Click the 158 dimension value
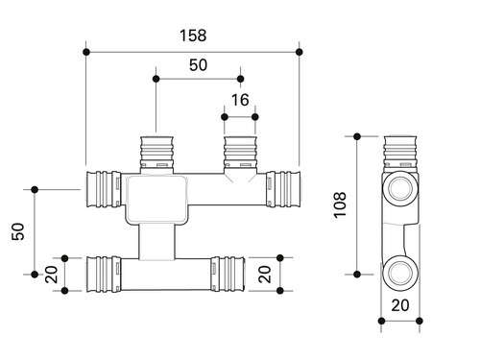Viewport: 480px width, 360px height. coord(193,36)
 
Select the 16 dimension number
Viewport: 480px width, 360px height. coord(240,100)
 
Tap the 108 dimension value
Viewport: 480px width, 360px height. coord(340,205)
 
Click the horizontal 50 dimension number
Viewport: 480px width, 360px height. coord(198,65)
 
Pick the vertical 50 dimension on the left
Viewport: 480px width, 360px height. coord(18,231)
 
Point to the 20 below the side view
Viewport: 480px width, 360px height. coord(400,305)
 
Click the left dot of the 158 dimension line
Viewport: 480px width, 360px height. coord(86,52)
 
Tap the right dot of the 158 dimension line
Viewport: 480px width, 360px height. coord(300,52)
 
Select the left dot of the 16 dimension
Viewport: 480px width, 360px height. coord(225,117)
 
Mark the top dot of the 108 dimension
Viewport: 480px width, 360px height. coord(357,136)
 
